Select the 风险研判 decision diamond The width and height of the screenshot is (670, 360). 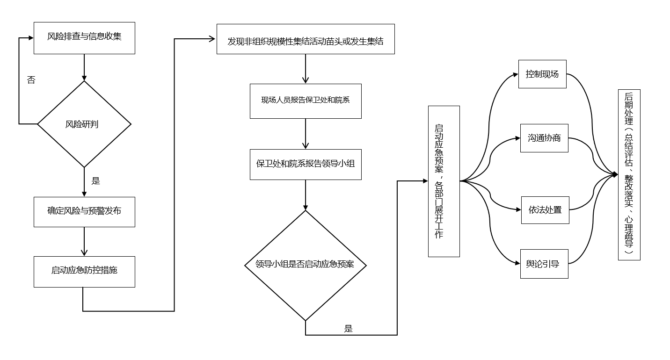click(84, 124)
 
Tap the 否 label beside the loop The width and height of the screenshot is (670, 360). click(31, 80)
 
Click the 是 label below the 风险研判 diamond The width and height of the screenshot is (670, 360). click(95, 181)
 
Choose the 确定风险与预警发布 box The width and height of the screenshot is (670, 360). click(84, 211)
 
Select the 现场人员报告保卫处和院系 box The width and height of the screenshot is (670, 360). click(306, 101)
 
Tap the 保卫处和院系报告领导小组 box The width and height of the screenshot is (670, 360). click(306, 164)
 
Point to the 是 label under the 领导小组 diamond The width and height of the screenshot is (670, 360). click(348, 329)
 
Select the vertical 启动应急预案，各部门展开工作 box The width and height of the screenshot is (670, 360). click(444, 181)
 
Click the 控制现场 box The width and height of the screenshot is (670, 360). click(542, 74)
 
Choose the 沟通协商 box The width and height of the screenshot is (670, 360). click(544, 138)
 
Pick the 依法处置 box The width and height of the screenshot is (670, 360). click(545, 210)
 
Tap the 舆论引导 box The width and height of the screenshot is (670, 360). click(544, 264)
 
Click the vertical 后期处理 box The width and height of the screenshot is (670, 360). click(629, 175)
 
